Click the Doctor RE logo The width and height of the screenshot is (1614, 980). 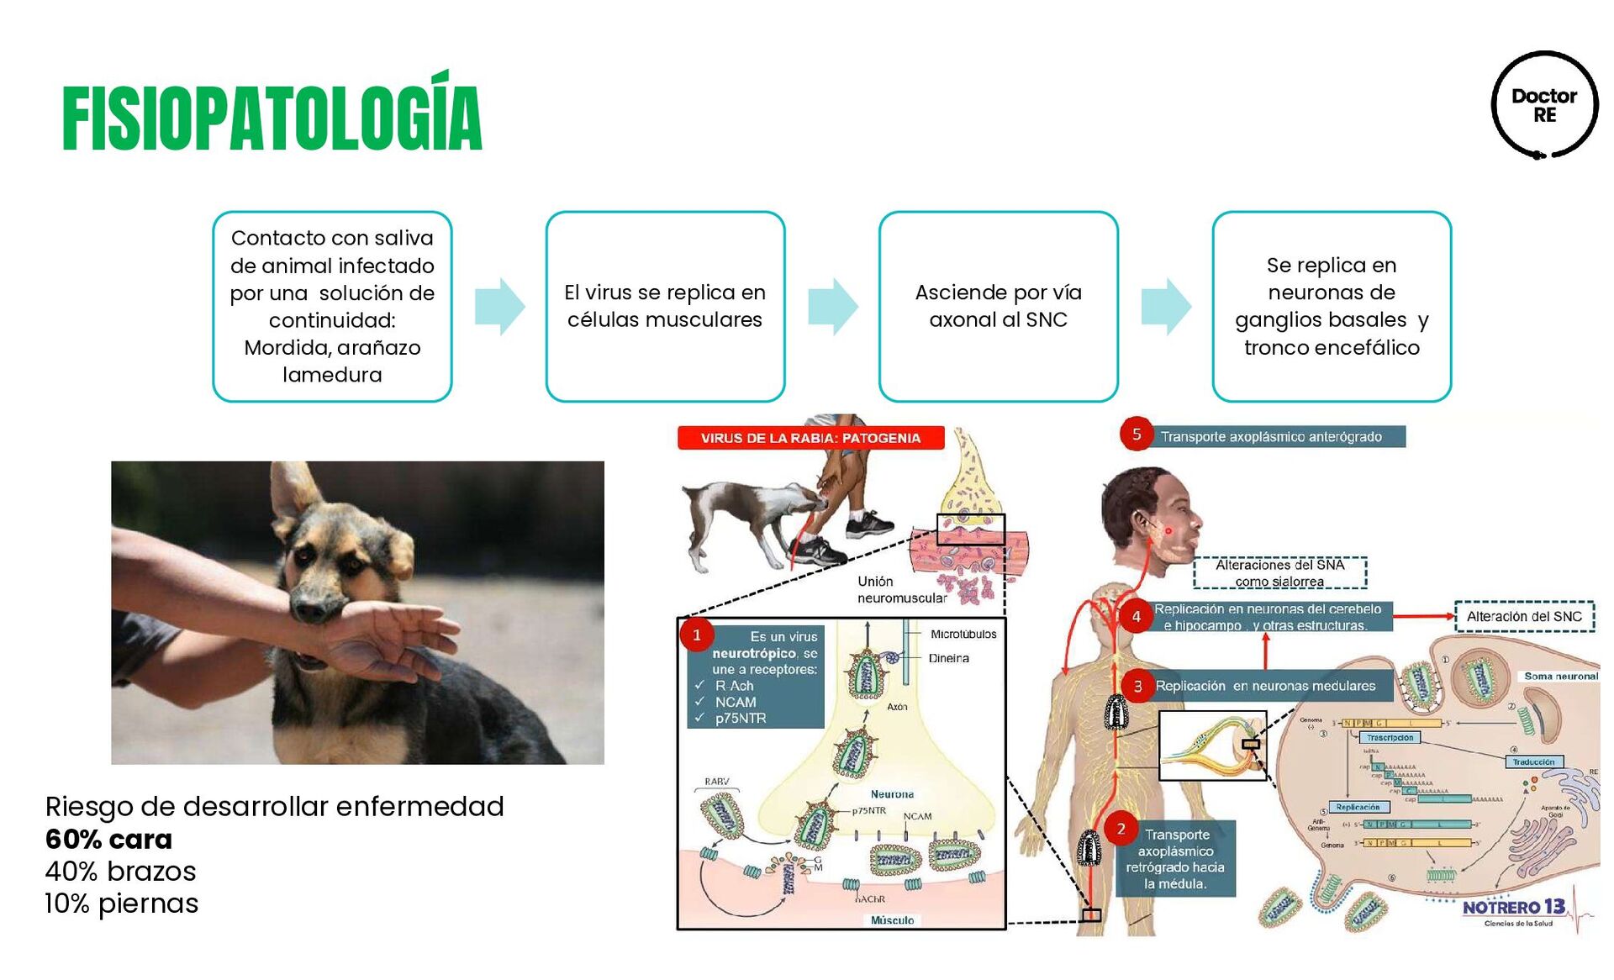(x=1544, y=105)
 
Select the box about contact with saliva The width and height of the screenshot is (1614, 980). (x=332, y=306)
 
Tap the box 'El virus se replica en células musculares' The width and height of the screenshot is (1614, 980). (x=665, y=306)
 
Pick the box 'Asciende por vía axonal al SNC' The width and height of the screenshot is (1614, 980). (x=998, y=306)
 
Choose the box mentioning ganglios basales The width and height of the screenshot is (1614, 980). (x=1332, y=306)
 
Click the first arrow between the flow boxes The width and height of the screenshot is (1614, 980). (x=500, y=306)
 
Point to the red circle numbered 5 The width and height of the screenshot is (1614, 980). (x=1136, y=435)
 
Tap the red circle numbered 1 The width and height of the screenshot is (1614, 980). (x=696, y=635)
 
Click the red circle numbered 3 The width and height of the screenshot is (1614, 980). (x=1137, y=686)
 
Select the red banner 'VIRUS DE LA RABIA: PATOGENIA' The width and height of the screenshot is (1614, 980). (x=810, y=438)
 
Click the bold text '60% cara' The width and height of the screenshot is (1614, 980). (x=108, y=839)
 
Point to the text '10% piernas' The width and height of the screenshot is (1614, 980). (x=122, y=904)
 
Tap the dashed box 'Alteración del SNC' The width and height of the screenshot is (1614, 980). (x=1524, y=616)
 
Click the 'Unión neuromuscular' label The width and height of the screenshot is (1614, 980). (x=901, y=589)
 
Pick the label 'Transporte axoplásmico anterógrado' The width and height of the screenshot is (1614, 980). (x=1271, y=437)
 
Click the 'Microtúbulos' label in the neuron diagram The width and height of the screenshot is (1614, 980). (x=963, y=634)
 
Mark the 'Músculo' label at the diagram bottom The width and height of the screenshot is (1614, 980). (x=892, y=920)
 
